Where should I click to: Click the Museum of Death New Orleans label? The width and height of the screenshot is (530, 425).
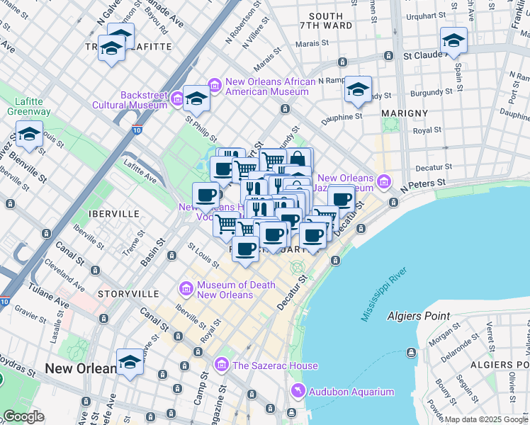(x=225, y=290)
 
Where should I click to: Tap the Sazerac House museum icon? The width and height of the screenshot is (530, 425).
(x=222, y=365)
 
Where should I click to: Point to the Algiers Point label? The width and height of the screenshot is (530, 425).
(x=419, y=316)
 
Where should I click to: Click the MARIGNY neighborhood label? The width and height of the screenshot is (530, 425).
(x=404, y=113)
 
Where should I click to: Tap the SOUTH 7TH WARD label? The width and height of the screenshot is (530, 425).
(x=326, y=22)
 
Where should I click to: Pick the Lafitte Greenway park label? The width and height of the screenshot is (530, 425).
(x=28, y=106)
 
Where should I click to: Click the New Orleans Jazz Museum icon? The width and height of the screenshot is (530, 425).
(x=384, y=182)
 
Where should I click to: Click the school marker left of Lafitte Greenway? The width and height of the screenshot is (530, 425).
(x=29, y=134)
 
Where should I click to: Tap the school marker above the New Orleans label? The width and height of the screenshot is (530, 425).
(x=130, y=362)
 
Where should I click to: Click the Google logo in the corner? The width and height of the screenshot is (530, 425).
(x=23, y=416)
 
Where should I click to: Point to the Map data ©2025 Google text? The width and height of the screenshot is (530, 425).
(x=486, y=419)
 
